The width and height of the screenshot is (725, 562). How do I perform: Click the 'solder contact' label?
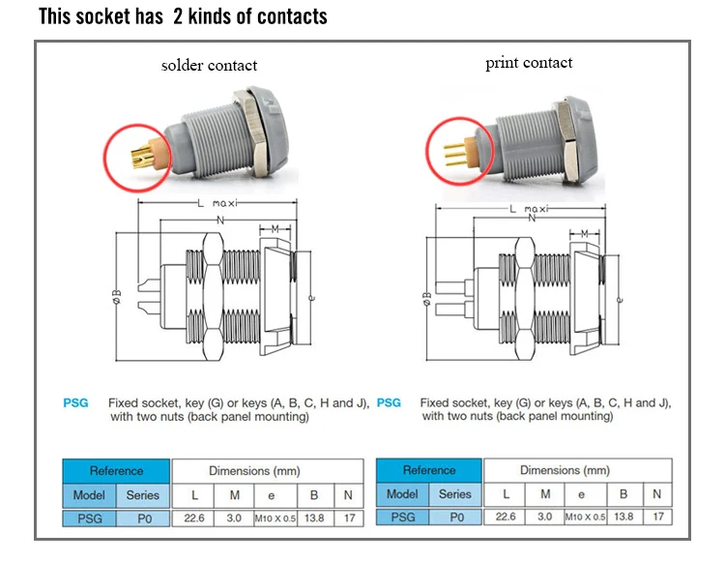point(209,66)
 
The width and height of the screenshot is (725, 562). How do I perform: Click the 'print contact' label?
point(529,63)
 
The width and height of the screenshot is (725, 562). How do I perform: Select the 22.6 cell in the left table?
point(195,518)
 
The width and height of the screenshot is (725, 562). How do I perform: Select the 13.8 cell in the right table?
point(624,518)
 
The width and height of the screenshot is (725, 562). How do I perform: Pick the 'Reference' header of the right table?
point(429,470)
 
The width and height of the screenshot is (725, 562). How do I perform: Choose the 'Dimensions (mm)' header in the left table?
point(267,470)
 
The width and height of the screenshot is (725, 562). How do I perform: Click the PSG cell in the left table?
point(90,518)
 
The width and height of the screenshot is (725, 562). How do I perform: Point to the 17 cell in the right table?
point(659,518)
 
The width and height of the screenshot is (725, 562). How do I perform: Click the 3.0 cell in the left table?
point(235,518)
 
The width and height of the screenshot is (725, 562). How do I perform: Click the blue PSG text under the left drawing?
point(75,402)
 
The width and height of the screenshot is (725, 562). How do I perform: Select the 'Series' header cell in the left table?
point(143,493)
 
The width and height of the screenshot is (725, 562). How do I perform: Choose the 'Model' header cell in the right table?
point(402,493)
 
